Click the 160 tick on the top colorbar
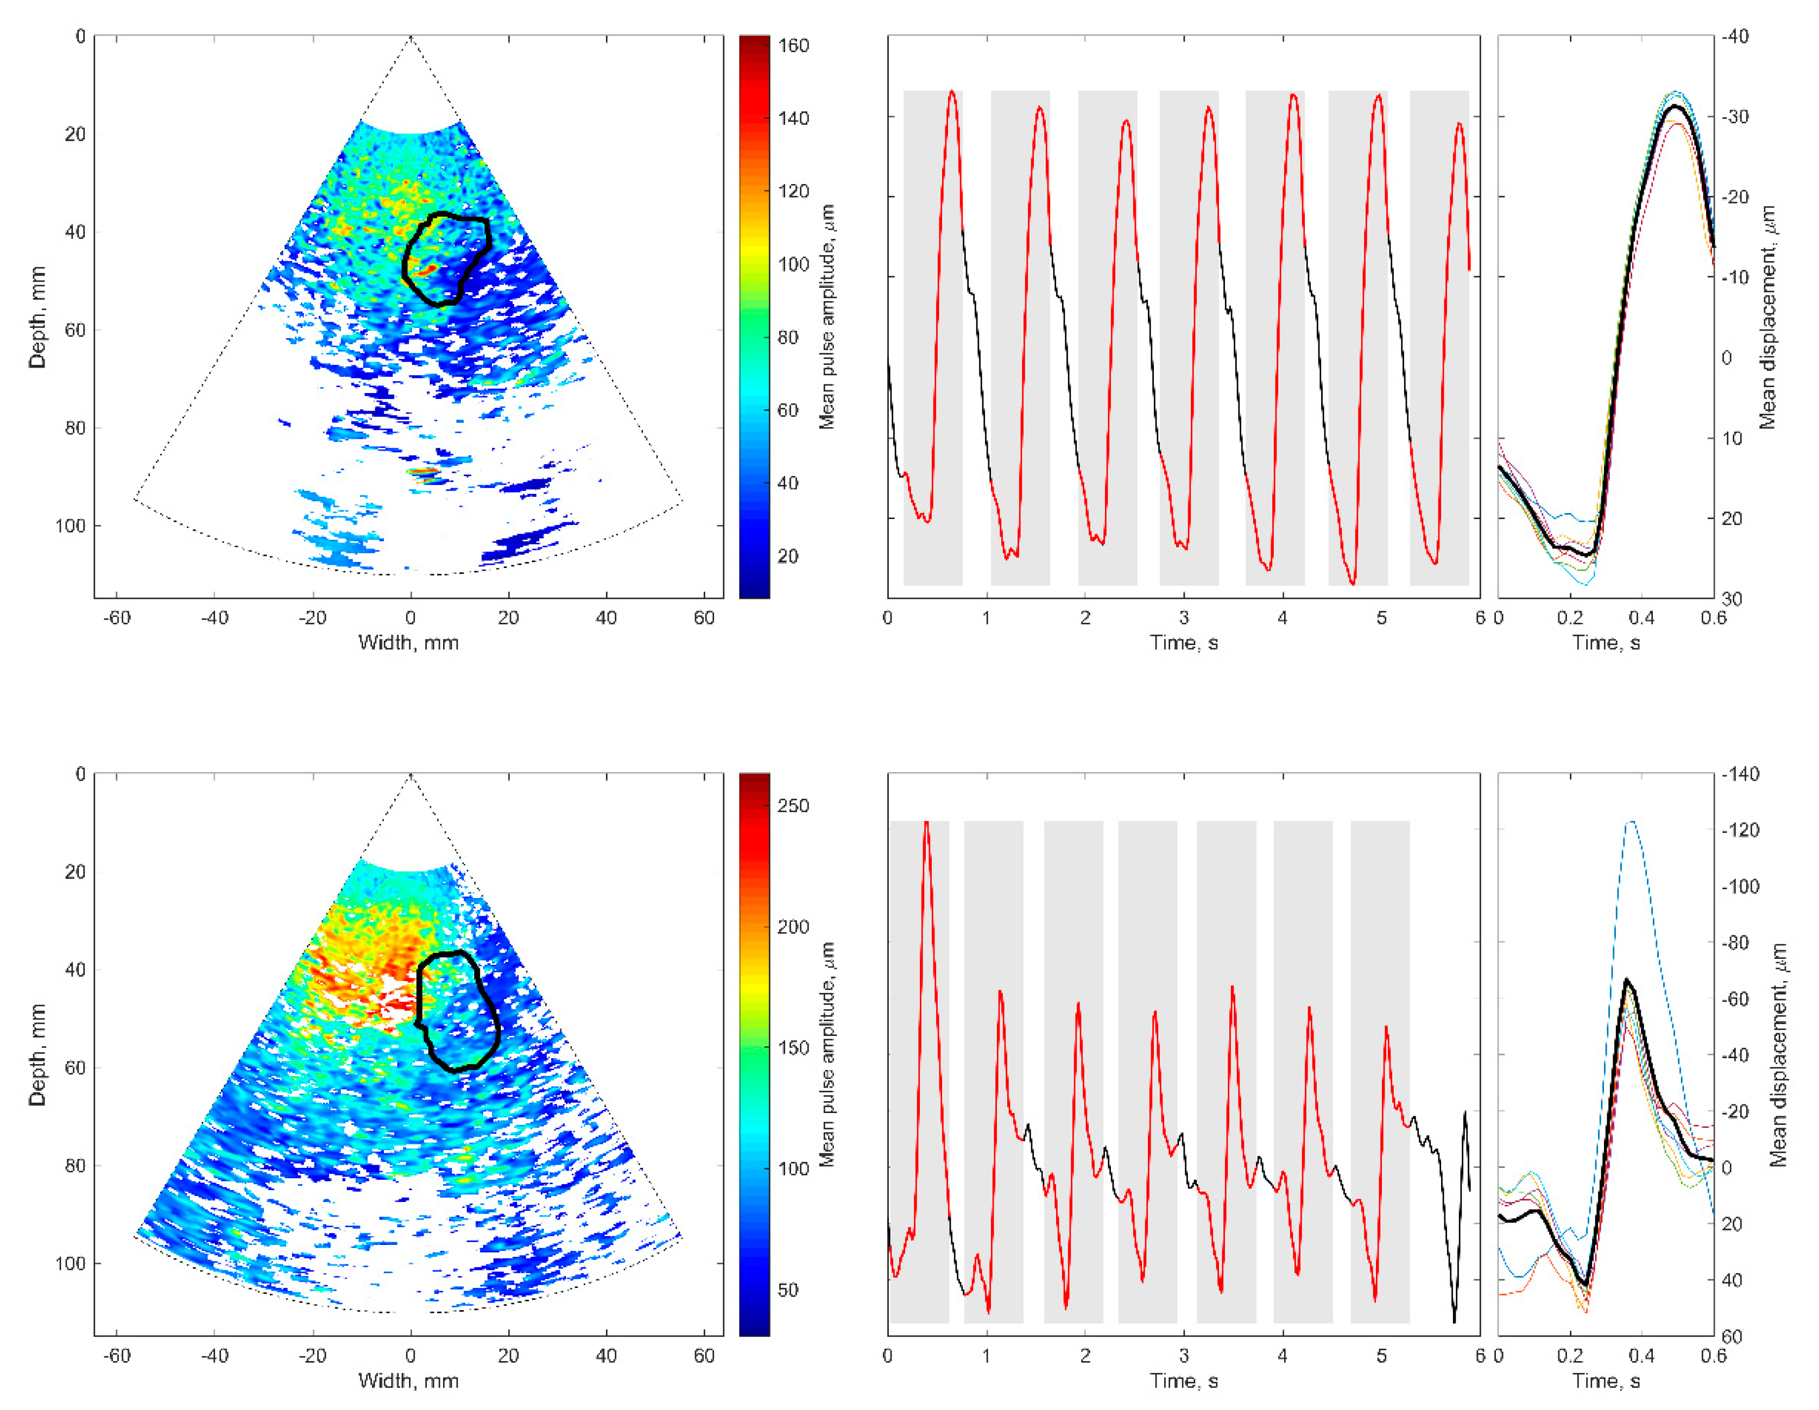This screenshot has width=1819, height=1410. tap(793, 45)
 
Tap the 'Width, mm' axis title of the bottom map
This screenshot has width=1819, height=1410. tap(408, 1380)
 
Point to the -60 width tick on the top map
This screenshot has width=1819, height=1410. tap(117, 617)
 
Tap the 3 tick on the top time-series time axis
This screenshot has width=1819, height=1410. tap(1184, 617)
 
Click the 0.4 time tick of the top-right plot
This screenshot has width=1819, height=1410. tap(1641, 617)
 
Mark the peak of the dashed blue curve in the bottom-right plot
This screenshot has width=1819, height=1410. tap(1632, 822)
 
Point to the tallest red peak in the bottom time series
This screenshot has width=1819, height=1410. tap(926, 822)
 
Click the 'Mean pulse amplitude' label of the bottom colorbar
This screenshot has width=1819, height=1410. tap(826, 1054)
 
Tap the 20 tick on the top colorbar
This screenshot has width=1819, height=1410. tap(788, 557)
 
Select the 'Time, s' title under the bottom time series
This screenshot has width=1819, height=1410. tap(1184, 1380)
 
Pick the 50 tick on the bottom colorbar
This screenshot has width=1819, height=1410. tap(788, 1290)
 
